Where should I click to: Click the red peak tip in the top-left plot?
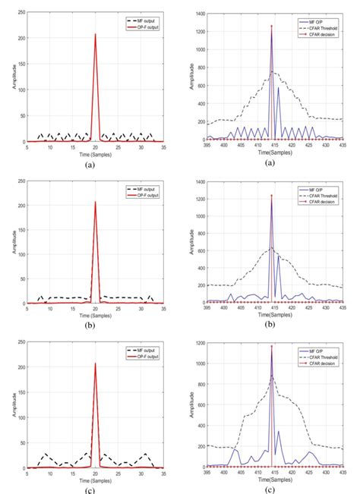coord(95,34)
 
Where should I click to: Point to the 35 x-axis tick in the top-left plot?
coord(163,146)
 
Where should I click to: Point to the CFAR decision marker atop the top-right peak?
coord(271,27)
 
